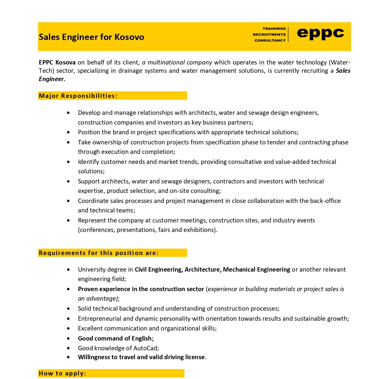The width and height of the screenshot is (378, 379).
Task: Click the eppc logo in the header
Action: tap(320, 33)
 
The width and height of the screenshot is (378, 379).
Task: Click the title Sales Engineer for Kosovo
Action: tap(91, 37)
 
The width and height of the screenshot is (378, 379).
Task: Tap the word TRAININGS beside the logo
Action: tap(274, 29)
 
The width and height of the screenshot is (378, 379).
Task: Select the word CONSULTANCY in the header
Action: tap(270, 41)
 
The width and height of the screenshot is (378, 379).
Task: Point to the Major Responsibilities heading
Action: tap(78, 96)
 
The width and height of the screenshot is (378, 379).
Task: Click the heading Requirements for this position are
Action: tap(98, 253)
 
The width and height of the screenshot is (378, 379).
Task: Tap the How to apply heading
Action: tap(62, 373)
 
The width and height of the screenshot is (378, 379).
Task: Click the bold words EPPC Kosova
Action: tap(57, 62)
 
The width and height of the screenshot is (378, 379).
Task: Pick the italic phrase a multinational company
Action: tap(177, 62)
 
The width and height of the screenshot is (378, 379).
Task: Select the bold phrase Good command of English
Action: tap(116, 338)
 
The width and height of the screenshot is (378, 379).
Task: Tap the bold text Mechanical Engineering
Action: tap(256, 270)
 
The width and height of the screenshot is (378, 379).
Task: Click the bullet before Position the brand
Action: tap(68, 132)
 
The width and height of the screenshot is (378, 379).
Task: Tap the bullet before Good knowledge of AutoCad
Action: tap(68, 348)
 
